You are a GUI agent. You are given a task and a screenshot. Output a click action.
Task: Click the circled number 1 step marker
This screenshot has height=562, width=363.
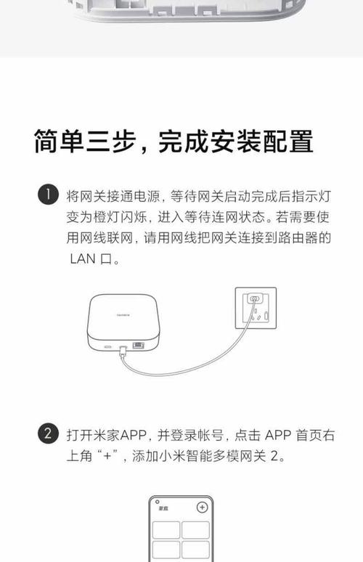point(47,195)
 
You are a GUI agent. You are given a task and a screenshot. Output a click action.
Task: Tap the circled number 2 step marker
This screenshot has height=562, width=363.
point(47,435)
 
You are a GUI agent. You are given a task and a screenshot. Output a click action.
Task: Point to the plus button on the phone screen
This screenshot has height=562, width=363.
point(203,508)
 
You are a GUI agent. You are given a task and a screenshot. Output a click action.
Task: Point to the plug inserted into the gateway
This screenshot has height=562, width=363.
point(125,349)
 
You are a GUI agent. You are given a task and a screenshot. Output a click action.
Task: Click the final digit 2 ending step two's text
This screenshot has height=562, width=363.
point(273,457)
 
